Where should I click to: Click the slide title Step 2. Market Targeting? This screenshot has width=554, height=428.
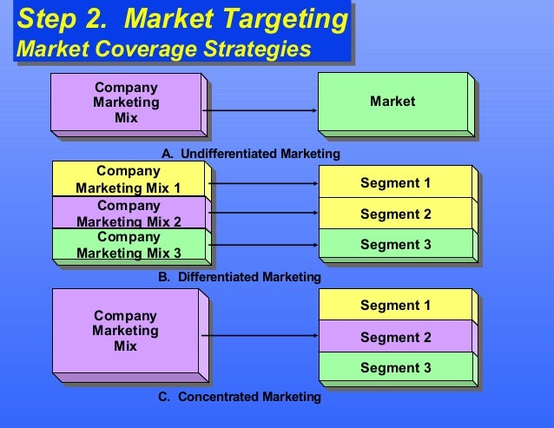point(183,18)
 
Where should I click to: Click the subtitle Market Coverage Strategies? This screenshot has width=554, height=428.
point(163,49)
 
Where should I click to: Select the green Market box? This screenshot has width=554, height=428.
point(392,102)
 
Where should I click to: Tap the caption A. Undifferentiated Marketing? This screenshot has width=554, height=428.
point(250,154)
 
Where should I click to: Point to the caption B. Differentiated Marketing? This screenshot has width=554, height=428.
point(240,277)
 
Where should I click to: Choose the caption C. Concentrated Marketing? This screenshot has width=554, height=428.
point(240,397)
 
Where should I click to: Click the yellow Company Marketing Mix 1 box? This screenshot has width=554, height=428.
point(128,180)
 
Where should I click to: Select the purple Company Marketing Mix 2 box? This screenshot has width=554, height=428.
point(128,214)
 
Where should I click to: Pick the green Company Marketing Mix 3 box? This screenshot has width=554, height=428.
point(128,245)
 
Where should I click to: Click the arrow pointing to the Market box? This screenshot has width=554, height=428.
point(261,110)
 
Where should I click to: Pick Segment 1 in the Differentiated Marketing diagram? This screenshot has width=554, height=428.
point(395,183)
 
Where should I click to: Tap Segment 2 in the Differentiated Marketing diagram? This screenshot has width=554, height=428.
point(395,214)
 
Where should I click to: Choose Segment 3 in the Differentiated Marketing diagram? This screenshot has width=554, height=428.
point(395,245)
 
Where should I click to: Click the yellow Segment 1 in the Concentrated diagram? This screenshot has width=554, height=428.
point(395,306)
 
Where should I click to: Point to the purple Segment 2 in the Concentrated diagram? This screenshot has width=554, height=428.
point(395,337)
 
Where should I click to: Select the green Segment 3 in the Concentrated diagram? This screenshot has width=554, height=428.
point(395,367)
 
